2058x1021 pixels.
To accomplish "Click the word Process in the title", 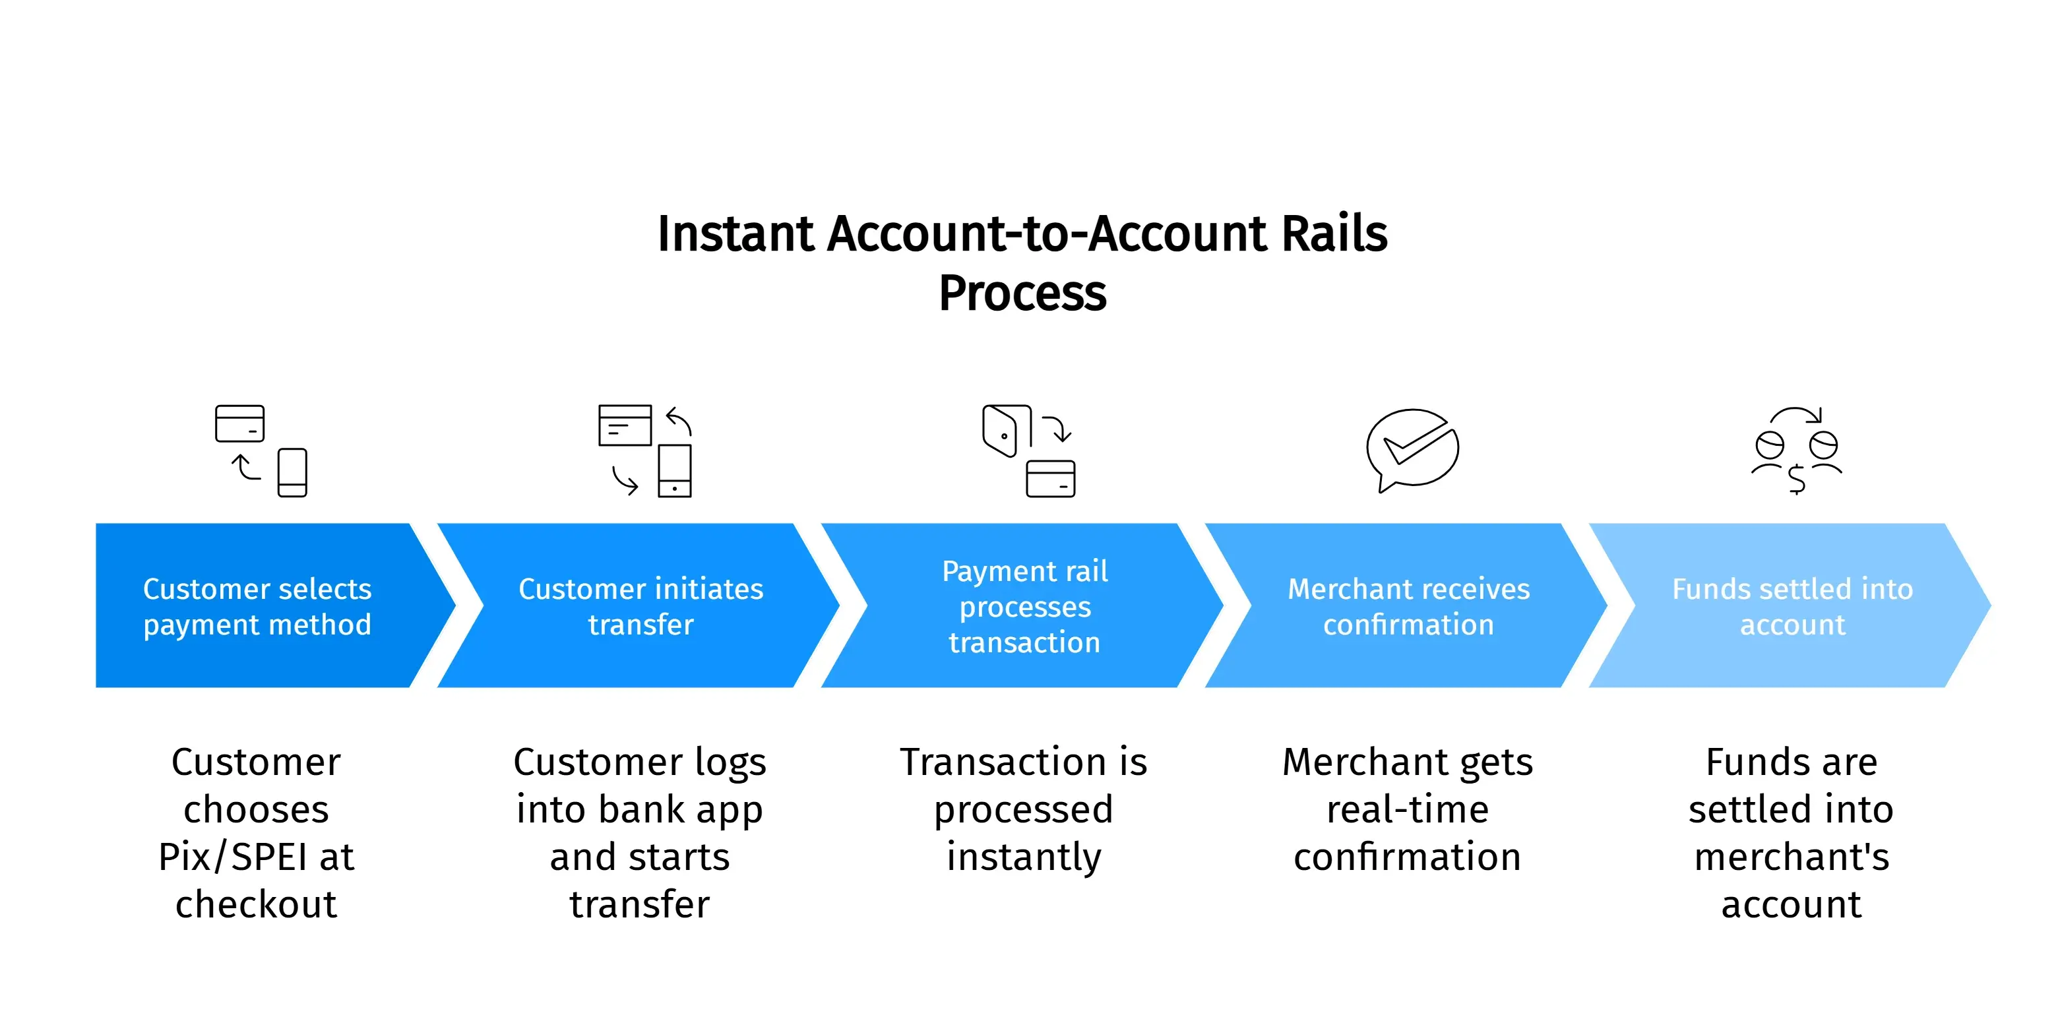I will [x=1022, y=294].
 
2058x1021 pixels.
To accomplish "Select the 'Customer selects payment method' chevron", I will [x=257, y=605].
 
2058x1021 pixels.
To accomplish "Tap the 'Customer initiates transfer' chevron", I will [x=640, y=605].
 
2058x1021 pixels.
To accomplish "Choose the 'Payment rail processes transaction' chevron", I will [x=1024, y=605].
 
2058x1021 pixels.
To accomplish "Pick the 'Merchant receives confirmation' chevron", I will [x=1408, y=605].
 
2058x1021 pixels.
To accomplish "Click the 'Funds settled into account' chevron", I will [x=1792, y=605].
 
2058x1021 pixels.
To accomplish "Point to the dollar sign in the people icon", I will [x=1797, y=480].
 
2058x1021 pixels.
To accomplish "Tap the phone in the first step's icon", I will [x=292, y=472].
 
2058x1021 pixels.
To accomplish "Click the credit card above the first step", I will [x=239, y=423].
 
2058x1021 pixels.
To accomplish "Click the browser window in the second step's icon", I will [x=625, y=425].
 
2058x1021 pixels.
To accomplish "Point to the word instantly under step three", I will [x=1024, y=857].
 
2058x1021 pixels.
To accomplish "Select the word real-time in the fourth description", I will [x=1408, y=809].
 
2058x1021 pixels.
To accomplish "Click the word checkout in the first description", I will [x=257, y=904].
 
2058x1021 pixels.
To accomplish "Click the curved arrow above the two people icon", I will [x=1796, y=414].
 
